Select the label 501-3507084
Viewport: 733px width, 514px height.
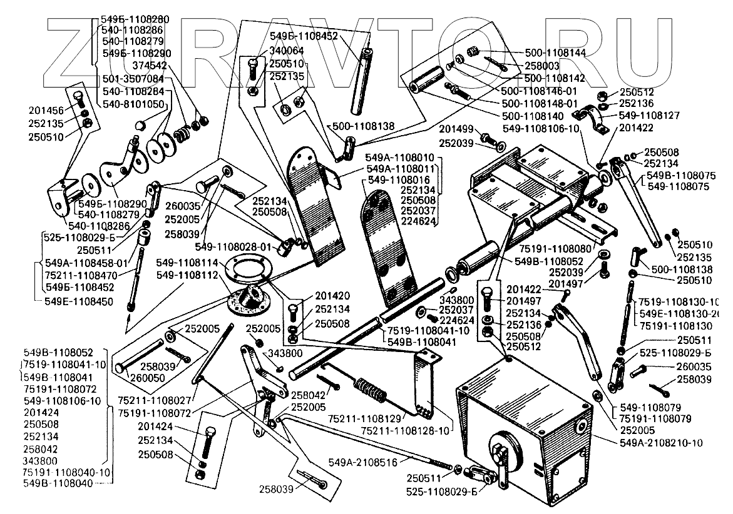click(x=133, y=79)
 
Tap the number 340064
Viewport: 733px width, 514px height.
click(x=287, y=51)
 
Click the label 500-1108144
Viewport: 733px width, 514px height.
click(x=555, y=53)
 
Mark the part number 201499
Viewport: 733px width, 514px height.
click(x=455, y=129)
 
